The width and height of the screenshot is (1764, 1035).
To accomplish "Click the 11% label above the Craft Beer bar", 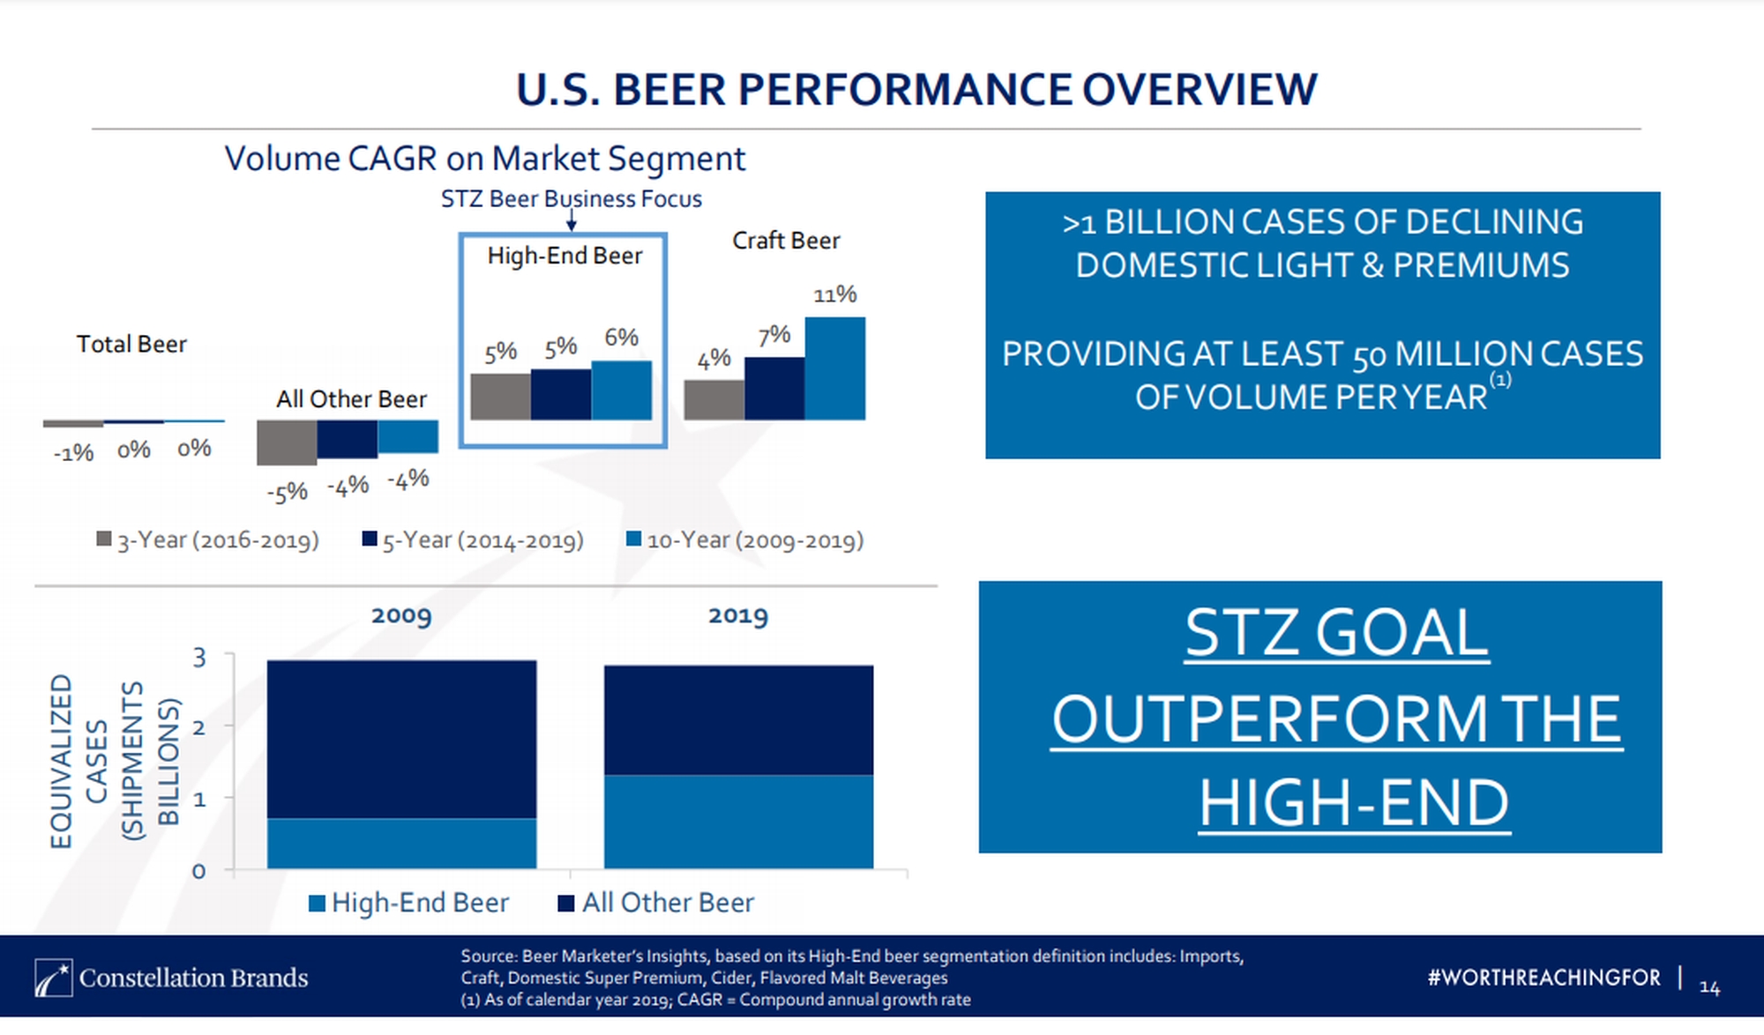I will point(834,294).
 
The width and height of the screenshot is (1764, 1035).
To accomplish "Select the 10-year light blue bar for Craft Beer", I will point(834,369).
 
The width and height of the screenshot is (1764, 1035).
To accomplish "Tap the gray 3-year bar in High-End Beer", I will point(500,397).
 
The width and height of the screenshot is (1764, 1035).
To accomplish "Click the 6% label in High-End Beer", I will point(621,338).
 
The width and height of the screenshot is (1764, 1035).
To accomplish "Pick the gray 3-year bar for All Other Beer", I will point(287,443).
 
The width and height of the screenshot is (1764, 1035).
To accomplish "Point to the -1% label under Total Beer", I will point(73,453).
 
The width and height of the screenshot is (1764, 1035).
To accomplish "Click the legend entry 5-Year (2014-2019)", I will point(473,540).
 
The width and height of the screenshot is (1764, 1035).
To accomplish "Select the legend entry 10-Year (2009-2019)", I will point(744,540).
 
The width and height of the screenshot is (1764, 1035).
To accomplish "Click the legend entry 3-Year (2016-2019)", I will point(208,540).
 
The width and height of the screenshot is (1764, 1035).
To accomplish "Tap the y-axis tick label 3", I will point(199,658).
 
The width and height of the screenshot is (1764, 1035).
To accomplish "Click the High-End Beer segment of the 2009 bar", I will point(401,844).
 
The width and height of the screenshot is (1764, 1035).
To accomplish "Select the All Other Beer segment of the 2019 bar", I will point(738,720).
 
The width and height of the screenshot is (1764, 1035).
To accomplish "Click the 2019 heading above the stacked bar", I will point(738,615).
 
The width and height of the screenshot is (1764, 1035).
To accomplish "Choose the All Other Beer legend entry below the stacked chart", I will point(656,903).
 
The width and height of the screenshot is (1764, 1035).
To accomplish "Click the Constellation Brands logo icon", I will point(53,978).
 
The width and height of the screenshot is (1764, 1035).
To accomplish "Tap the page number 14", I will point(1709,988).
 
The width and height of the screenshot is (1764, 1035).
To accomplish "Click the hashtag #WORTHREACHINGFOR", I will point(1543,978).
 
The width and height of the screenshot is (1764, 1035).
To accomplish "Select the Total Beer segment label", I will point(131,344).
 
